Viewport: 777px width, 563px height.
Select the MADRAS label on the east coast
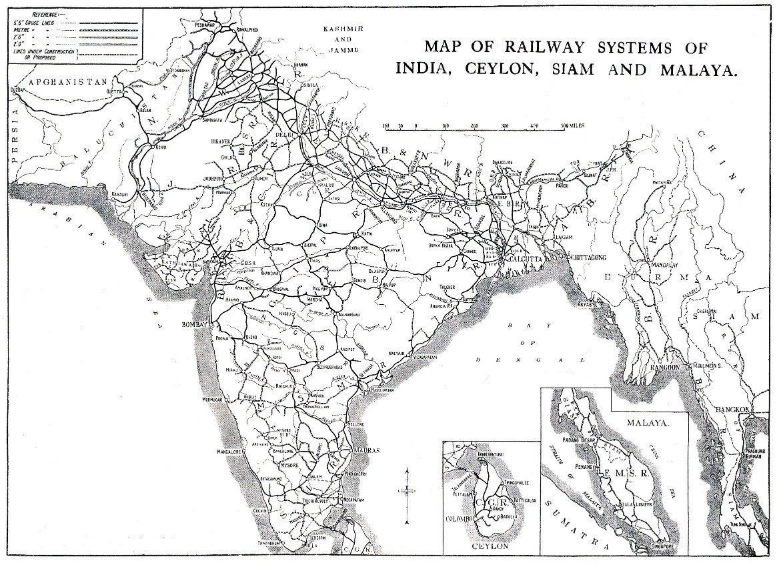365,450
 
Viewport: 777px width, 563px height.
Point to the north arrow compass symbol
407,492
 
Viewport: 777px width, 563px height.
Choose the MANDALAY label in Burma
662,261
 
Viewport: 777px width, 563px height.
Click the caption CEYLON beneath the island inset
490,546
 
